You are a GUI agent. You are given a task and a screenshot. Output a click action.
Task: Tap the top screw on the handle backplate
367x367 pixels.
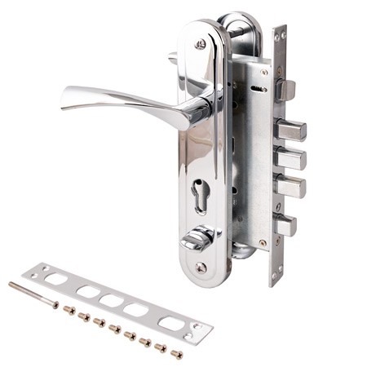[x=201, y=44]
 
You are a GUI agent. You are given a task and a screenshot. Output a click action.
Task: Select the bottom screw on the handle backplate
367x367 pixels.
[x=201, y=267]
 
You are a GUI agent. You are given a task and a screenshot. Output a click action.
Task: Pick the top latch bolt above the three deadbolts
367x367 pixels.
[x=285, y=88]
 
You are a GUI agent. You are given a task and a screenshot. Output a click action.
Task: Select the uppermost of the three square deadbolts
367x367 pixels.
[x=290, y=129]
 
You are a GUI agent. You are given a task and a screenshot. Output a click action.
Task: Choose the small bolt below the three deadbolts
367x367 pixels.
[x=285, y=224]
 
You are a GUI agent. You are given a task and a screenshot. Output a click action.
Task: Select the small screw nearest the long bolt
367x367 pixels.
[x=69, y=310]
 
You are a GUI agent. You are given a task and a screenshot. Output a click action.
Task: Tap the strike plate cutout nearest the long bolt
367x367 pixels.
[x=56, y=279]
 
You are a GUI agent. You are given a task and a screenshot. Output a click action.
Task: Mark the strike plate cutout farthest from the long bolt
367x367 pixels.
[x=170, y=324]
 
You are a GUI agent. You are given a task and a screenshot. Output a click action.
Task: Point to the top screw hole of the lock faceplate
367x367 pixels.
[x=278, y=35]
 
